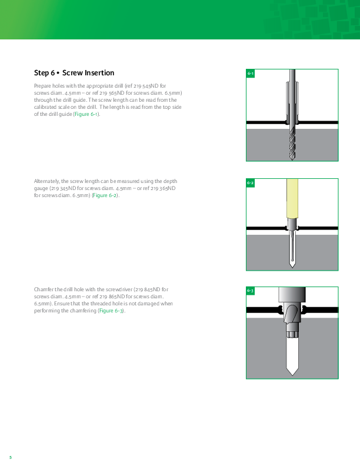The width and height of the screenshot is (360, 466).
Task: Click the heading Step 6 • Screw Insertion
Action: coord(74,73)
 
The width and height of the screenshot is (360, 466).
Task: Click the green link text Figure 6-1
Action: coord(86,114)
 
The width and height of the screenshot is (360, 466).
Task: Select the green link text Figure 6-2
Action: coord(105,195)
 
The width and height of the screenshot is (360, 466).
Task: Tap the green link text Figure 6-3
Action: coord(111,311)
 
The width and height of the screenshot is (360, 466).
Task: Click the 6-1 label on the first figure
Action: coord(251,74)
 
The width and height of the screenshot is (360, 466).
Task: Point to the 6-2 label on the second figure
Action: coord(251,183)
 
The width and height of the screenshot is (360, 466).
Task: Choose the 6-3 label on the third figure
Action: coord(251,291)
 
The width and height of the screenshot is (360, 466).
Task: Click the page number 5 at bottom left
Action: coord(11,457)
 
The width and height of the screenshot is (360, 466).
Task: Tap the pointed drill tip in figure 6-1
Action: coord(292,159)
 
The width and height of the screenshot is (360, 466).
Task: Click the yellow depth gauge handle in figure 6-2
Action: coord(292,198)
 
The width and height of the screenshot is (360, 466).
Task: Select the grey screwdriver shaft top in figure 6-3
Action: coord(292,295)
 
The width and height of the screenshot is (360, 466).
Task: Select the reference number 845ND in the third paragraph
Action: coord(152,289)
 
